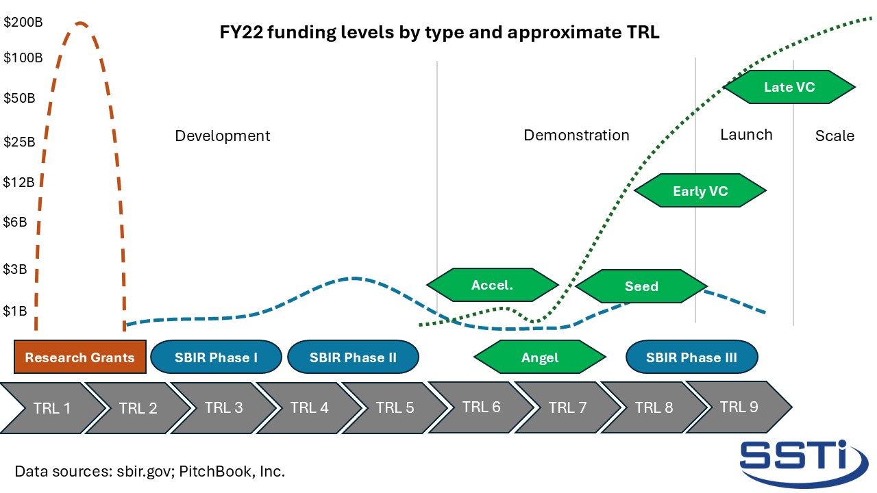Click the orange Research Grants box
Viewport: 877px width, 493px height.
(x=80, y=357)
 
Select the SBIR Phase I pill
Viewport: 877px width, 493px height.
(x=216, y=357)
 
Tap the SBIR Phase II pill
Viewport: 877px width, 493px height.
(x=353, y=357)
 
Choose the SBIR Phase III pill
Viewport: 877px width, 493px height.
(x=692, y=357)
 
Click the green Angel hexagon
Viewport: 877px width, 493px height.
(x=540, y=357)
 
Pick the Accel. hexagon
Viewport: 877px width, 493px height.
(x=493, y=285)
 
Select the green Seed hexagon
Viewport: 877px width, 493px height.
(x=641, y=286)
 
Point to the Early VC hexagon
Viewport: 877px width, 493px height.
(x=700, y=191)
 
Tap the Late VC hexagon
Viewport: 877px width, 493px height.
(x=789, y=87)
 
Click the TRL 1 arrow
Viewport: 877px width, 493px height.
(x=52, y=408)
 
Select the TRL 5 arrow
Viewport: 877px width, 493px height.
(x=395, y=408)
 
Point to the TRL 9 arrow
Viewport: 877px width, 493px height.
(x=739, y=407)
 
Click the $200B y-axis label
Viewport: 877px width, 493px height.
(x=23, y=22)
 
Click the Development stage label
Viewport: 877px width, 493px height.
(x=223, y=136)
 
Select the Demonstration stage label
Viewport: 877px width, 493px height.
(x=576, y=135)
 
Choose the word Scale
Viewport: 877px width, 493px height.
(x=835, y=136)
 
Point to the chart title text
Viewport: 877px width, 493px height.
(x=439, y=32)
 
